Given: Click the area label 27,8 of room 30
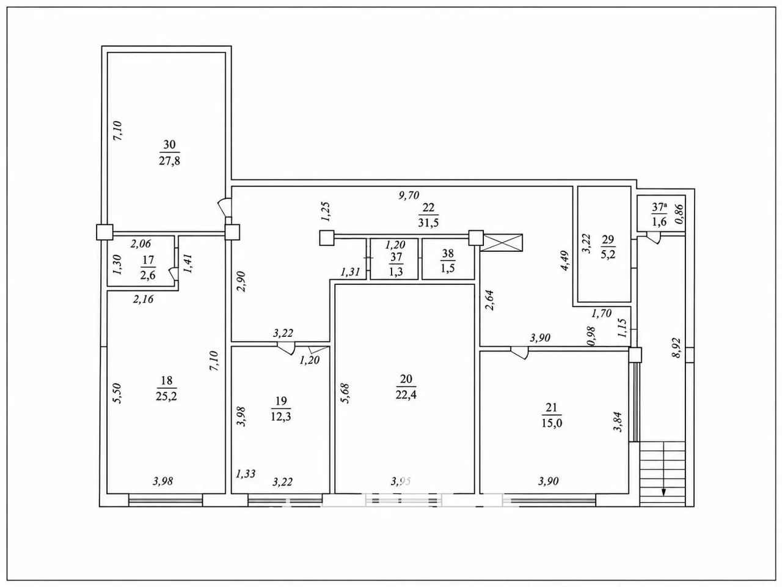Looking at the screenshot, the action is [x=170, y=161].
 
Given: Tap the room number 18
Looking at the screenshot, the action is [x=166, y=380].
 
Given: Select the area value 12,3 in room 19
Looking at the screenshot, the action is [x=281, y=416].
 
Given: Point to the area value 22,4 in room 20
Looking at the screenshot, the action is [x=406, y=395].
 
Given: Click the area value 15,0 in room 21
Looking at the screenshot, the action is [x=552, y=423].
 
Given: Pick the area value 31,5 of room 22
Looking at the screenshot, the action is [x=429, y=223].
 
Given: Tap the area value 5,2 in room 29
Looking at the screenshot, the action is [x=608, y=254].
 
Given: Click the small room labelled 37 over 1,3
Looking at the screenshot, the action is [x=394, y=259].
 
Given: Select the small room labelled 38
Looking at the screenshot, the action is [x=448, y=259].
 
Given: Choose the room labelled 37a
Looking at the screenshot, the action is [x=661, y=213].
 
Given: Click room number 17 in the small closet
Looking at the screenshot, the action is [x=148, y=260].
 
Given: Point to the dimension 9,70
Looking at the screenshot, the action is [x=408, y=195].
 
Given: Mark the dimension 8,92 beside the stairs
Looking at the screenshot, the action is [x=676, y=348].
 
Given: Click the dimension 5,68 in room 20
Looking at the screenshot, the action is [x=345, y=393].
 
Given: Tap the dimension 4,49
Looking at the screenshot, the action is [x=565, y=260].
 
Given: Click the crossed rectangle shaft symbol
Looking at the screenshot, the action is [x=501, y=243].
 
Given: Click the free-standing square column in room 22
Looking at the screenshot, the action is [x=326, y=238].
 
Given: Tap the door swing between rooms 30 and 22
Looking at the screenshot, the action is [x=225, y=207].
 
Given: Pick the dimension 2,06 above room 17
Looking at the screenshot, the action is [x=141, y=244].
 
